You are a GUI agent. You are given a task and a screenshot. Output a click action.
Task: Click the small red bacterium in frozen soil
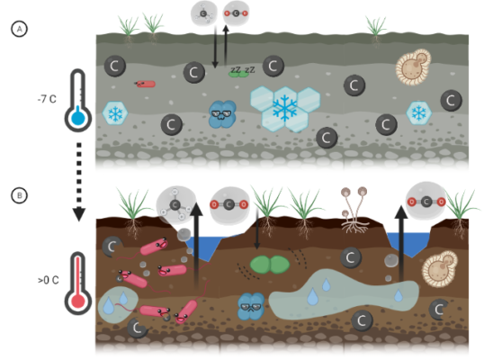tap(145, 84)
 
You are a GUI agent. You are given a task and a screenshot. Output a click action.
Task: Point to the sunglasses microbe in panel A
tap(220, 113)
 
